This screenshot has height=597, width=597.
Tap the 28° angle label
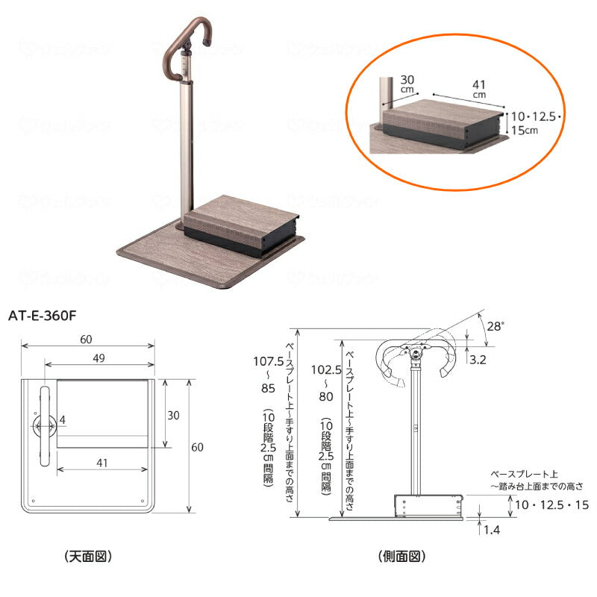pos(496,326)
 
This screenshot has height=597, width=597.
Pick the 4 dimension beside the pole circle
pos(63,420)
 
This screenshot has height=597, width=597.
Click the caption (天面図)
pos(89,556)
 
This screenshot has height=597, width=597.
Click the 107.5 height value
pos(268,361)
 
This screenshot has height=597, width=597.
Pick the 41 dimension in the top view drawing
pos(101,463)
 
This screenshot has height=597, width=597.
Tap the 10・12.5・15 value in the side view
pos(552,505)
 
